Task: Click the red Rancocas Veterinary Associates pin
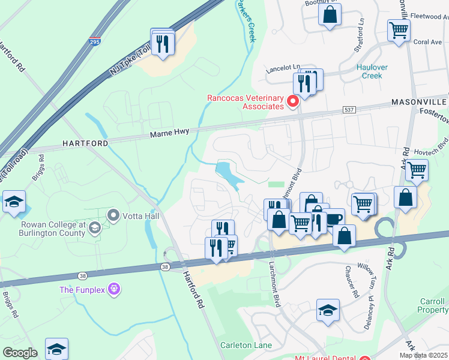tap(293, 101)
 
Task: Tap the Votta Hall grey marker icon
tap(112, 214)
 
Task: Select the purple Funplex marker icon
tap(115, 290)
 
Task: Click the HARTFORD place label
tap(84, 144)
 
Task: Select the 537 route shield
tap(349, 110)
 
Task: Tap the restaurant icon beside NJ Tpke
tap(163, 43)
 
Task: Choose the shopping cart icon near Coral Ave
tap(399, 29)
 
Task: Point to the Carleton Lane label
tap(246, 345)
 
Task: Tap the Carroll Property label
tap(432, 305)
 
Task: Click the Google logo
tap(20, 352)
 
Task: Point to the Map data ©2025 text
tap(423, 355)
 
